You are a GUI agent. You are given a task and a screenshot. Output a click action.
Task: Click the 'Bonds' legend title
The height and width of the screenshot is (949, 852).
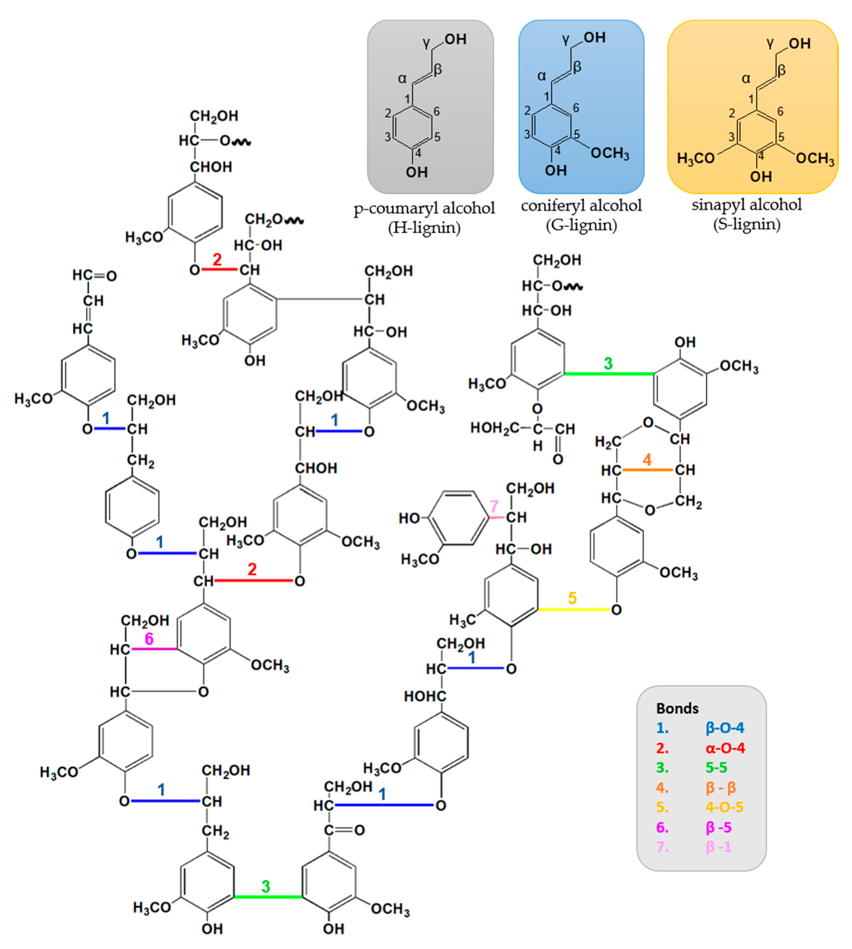677,708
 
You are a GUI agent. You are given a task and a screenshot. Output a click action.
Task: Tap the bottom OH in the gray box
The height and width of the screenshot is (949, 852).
416,172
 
